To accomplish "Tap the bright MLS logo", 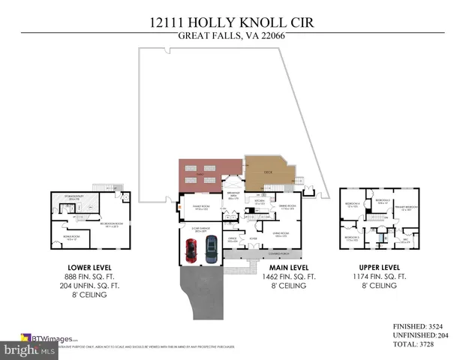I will pyautogui.click(x=30, y=350).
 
